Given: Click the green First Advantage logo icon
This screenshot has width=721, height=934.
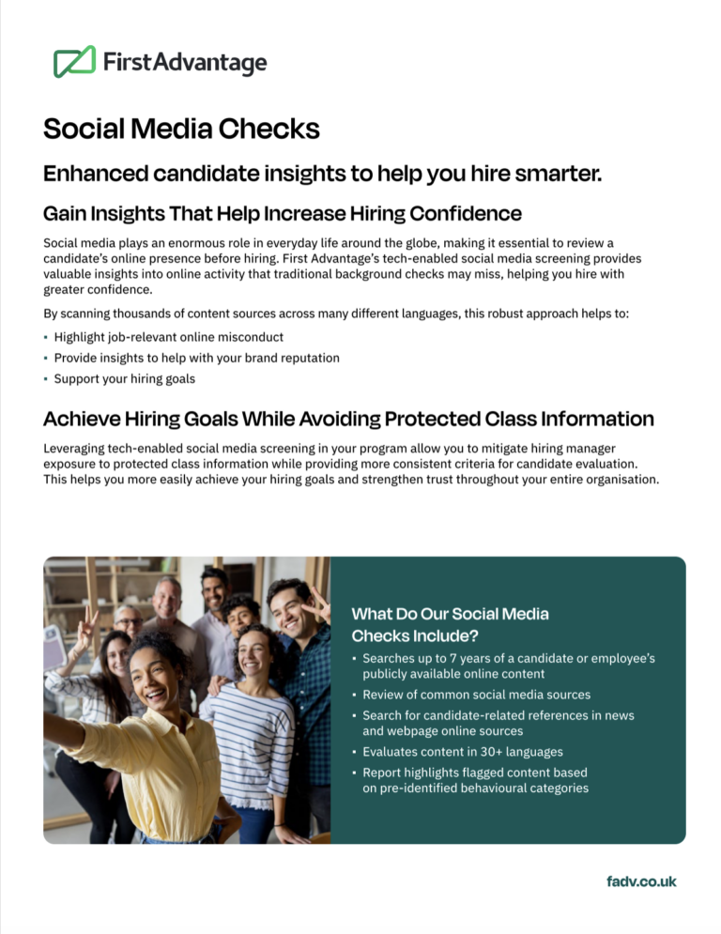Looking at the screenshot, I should pos(74,62).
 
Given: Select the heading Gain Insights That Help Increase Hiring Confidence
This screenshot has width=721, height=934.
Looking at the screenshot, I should pos(282,213).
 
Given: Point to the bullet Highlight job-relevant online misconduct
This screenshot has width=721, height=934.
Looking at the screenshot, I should pos(168,336).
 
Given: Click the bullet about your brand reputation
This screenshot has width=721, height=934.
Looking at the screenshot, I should pos(196,358).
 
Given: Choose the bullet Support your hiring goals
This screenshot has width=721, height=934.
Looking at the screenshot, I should pos(124,379).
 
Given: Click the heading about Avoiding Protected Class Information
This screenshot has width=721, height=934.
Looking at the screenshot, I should pos(348,418).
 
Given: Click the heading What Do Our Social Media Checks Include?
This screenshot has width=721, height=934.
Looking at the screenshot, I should pos(450,624).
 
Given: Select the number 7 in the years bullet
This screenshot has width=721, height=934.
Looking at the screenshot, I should pos(452,659).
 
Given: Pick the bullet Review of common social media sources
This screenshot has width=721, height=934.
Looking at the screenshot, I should pos(476,695).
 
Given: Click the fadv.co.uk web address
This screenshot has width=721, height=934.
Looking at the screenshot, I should pos(641,881).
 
